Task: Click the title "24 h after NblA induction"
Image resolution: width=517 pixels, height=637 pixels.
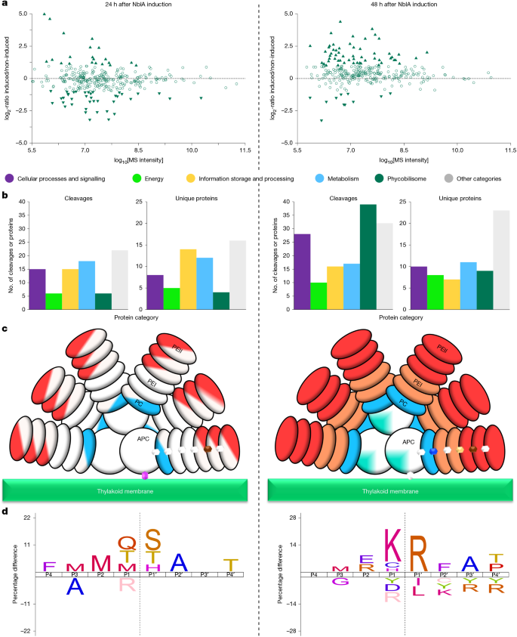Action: point(128,5)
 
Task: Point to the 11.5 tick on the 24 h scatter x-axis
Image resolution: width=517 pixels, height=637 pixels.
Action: point(245,150)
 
